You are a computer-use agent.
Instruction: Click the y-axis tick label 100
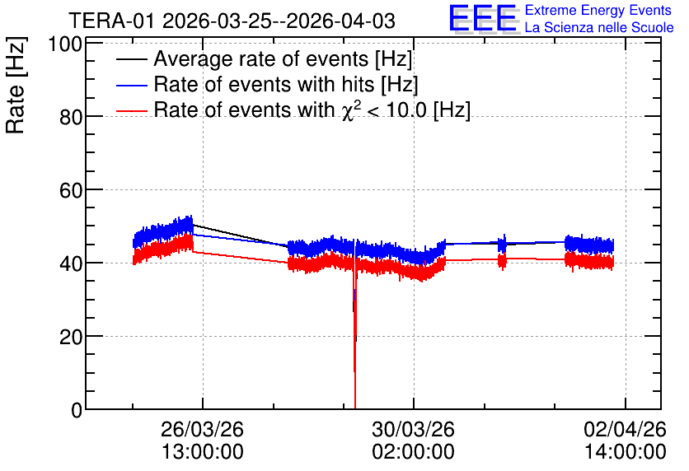pyautogui.click(x=65, y=44)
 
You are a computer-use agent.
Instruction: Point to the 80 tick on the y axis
pyautogui.click(x=71, y=117)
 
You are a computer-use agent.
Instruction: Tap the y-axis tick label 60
pyautogui.click(x=71, y=190)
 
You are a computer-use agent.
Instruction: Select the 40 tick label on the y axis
pyautogui.click(x=71, y=263)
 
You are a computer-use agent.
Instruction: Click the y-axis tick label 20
pyautogui.click(x=71, y=337)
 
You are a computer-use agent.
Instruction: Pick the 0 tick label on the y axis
pyautogui.click(x=77, y=410)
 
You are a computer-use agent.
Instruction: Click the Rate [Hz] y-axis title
pyautogui.click(x=16, y=86)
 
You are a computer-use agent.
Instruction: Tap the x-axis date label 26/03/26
pyautogui.click(x=202, y=429)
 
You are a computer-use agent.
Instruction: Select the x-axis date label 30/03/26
pyautogui.click(x=413, y=429)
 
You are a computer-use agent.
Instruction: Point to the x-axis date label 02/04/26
pyautogui.click(x=625, y=429)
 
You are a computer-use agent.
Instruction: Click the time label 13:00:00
pyautogui.click(x=203, y=452)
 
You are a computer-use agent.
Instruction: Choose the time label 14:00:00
pyautogui.click(x=626, y=452)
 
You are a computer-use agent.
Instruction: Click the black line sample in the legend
pyautogui.click(x=131, y=59)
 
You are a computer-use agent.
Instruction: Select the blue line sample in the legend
pyautogui.click(x=131, y=85)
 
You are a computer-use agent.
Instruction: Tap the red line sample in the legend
pyautogui.click(x=131, y=110)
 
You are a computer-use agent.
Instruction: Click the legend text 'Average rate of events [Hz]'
pyautogui.click(x=283, y=59)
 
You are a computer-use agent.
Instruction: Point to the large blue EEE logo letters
pyautogui.click(x=483, y=18)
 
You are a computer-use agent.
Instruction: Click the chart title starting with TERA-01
pyautogui.click(x=232, y=21)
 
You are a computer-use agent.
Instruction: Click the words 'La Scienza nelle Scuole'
pyautogui.click(x=599, y=27)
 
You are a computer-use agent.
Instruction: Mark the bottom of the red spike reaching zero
pyautogui.click(x=354, y=408)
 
